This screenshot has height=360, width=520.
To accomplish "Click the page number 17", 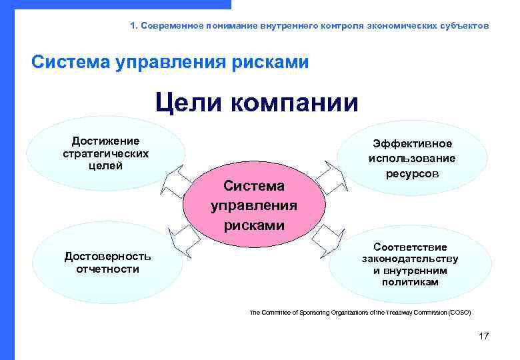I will click(x=483, y=336).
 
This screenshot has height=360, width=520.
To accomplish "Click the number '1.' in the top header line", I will click(x=134, y=25).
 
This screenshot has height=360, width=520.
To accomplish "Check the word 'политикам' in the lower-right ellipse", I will click(x=410, y=283).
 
